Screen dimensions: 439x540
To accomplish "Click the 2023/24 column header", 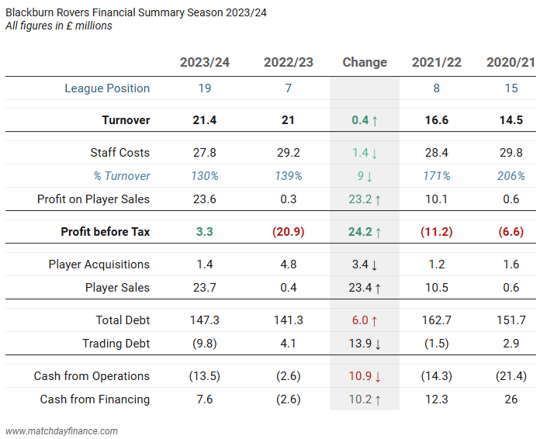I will tap(205, 62).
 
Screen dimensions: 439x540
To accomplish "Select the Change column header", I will tap(365, 62).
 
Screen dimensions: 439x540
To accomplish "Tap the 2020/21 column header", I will tap(511, 62).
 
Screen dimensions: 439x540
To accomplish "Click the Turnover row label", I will tap(126, 120).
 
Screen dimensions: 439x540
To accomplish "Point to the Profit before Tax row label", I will tap(106, 232).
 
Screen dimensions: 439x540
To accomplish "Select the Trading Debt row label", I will tap(116, 344).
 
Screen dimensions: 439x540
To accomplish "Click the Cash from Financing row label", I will tap(95, 399).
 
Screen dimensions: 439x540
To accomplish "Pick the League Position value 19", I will tap(205, 88).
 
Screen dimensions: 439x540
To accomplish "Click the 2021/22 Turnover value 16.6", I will tap(437, 120).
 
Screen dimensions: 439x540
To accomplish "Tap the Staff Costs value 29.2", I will tap(289, 153).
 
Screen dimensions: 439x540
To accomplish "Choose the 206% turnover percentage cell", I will tap(511, 176).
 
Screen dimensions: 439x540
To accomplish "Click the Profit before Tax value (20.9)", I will tap(289, 232).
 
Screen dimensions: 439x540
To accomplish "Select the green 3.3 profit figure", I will tap(205, 232).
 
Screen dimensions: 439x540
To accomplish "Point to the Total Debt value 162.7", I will tap(437, 320).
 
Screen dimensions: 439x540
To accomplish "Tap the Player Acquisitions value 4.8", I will tap(289, 264).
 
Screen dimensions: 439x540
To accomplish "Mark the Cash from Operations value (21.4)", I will tap(511, 376).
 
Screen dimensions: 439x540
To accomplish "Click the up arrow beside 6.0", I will tap(376, 320).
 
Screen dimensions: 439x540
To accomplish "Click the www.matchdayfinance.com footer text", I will tap(61, 430).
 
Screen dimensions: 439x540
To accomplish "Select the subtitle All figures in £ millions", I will tap(58, 26).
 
